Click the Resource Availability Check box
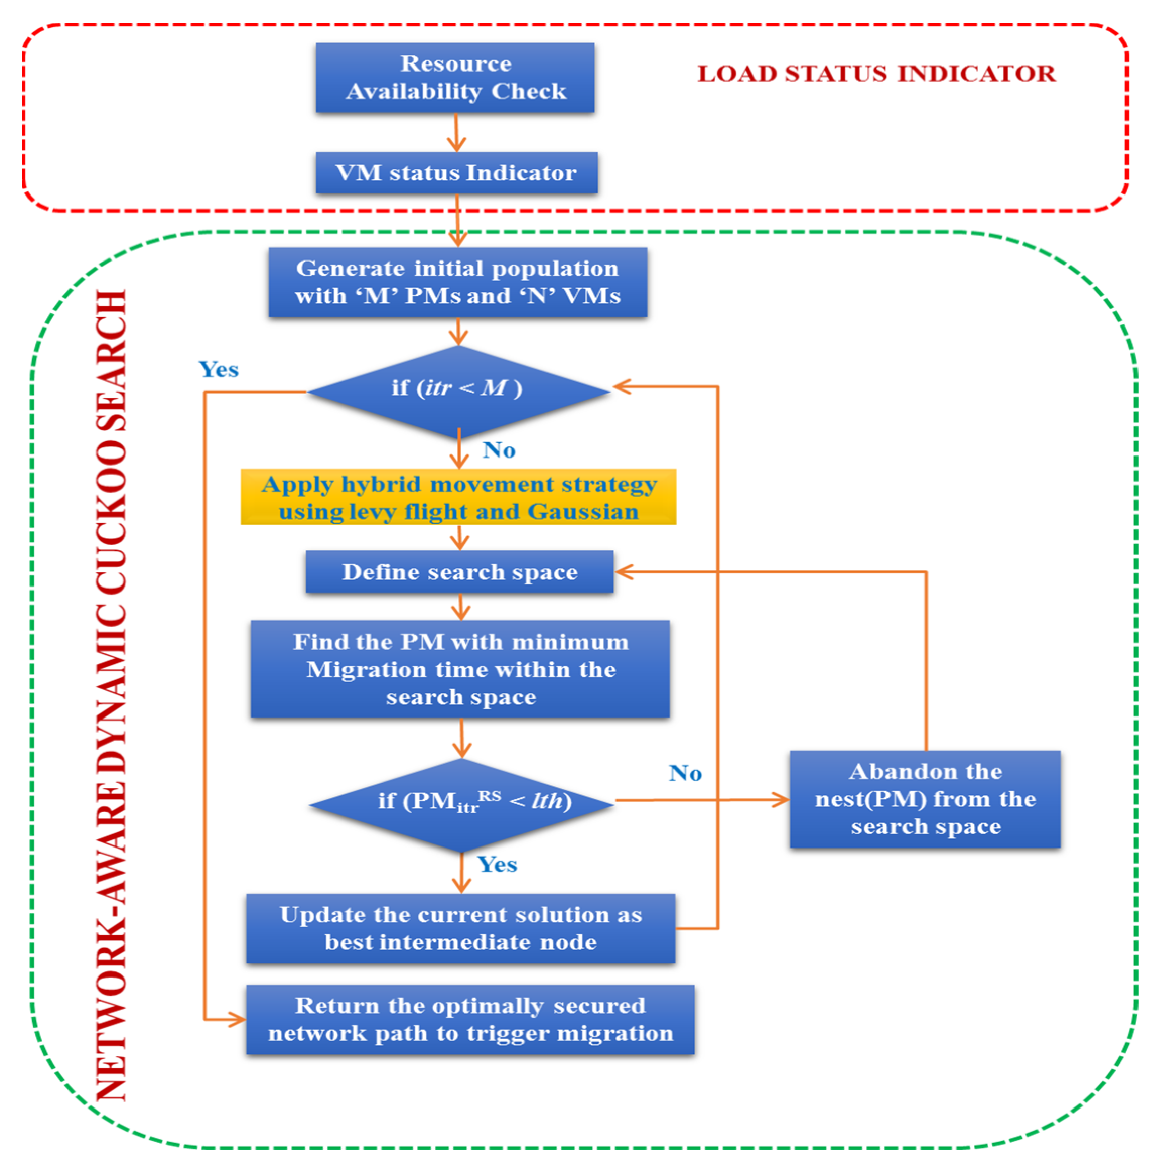pyautogui.click(x=455, y=78)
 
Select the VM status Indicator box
pyautogui.click(x=456, y=173)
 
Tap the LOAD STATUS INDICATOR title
pyautogui.click(x=876, y=74)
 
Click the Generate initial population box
pyautogui.click(x=458, y=282)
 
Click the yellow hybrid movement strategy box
pyautogui.click(x=458, y=497)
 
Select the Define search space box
pyautogui.click(x=459, y=572)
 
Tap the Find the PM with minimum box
pyautogui.click(x=460, y=669)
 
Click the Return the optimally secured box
pyautogui.click(x=470, y=1019)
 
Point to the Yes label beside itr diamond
pyautogui.click(x=219, y=369)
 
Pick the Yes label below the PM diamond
pyautogui.click(x=497, y=864)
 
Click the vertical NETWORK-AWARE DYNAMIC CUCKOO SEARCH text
pyautogui.click(x=112, y=696)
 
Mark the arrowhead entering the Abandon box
pyautogui.click(x=781, y=800)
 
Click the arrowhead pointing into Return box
pyautogui.click(x=237, y=1019)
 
